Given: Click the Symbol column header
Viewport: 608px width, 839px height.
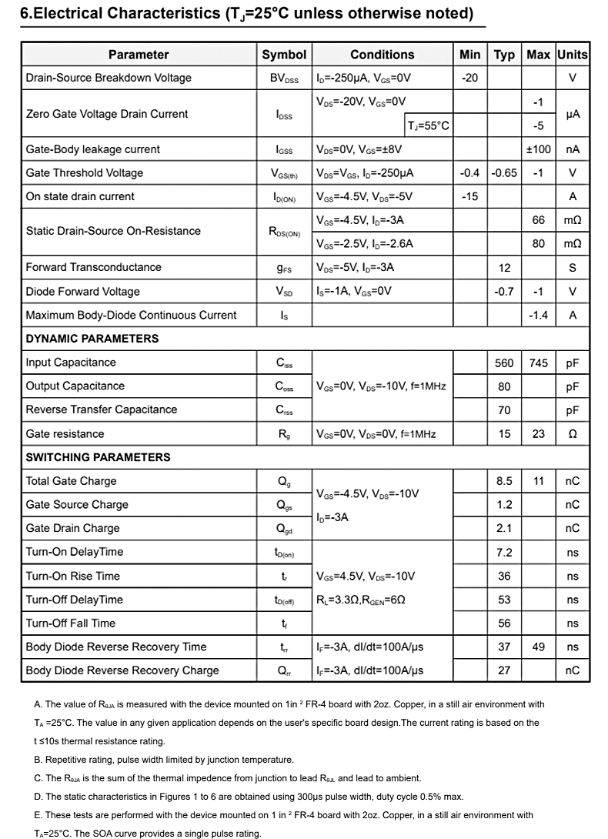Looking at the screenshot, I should point(284,55).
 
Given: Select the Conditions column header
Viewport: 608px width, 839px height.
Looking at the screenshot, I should point(382,55).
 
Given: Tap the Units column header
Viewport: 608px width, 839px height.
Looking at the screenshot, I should point(572,55).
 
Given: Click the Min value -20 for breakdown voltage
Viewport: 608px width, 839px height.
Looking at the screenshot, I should point(469,78).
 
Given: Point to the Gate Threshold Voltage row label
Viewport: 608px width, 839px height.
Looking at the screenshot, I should point(84,173).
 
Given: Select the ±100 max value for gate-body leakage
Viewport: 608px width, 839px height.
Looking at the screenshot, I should point(538,149).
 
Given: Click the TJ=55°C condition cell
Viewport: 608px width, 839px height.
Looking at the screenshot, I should point(428,125).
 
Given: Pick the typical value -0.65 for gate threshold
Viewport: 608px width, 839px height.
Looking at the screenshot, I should point(504,173).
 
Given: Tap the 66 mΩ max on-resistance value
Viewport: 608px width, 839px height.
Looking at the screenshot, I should point(538,220).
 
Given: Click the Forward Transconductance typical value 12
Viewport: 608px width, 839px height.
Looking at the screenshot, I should point(504,267).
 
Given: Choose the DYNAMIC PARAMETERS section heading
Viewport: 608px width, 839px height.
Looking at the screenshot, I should point(92,339).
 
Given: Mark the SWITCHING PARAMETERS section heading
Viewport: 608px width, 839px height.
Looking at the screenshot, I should point(98,457).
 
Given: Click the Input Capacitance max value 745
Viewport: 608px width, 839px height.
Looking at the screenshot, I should point(538,363).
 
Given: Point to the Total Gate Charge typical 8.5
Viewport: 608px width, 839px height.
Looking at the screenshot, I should point(504,481).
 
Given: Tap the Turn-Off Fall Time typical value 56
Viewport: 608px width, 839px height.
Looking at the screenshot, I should point(504,623).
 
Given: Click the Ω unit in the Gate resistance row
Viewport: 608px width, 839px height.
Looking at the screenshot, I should point(572,434).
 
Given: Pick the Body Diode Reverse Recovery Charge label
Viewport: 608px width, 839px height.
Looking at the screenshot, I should point(122,670).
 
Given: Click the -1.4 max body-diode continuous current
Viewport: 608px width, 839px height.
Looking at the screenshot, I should point(538,315).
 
